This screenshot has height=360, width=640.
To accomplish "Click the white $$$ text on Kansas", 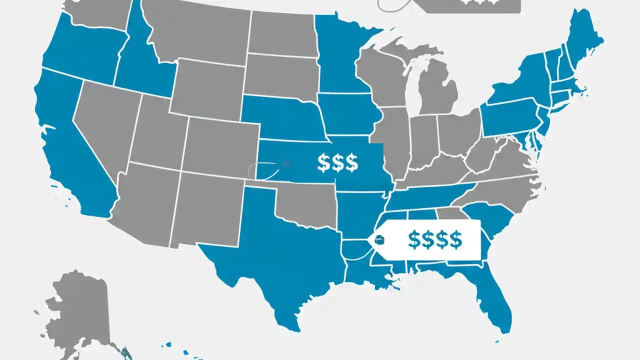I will pos(337,163).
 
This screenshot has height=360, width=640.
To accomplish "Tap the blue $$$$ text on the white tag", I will pos(434,240).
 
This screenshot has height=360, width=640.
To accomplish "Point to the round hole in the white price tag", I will pos(380,240).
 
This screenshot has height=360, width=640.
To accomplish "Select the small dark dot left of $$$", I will pos(286,163).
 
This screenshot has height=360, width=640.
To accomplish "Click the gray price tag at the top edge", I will pos(470,5).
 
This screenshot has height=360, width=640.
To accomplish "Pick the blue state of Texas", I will pos(280,250).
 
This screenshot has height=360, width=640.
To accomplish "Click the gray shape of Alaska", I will pos(80,310).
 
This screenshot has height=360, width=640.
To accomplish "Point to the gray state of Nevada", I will pos(105,125).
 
